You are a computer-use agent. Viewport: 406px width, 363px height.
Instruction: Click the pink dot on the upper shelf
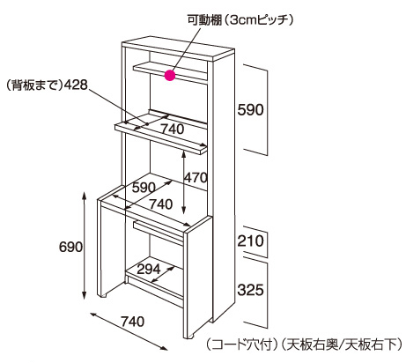point(170,76)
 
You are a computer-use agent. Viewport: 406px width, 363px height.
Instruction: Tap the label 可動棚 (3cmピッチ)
point(240,20)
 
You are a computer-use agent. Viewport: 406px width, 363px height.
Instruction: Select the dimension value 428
point(76,85)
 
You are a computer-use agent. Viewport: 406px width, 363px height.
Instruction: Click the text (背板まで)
point(34,85)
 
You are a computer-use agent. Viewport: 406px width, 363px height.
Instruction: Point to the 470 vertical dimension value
point(196,177)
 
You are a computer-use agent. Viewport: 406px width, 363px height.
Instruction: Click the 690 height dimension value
point(70,247)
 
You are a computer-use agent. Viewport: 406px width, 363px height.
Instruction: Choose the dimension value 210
point(250,241)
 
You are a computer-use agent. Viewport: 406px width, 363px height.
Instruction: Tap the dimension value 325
point(250,290)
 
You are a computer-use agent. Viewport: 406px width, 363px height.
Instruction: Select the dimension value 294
point(149,269)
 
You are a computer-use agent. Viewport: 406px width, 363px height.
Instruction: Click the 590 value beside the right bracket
point(250,110)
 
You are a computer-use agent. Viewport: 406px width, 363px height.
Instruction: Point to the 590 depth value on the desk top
point(144,188)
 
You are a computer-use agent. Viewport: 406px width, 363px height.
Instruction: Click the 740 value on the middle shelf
point(173,129)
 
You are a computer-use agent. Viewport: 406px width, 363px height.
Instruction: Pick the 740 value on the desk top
point(160,204)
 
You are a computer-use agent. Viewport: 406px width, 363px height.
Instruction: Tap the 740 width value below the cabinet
point(132,322)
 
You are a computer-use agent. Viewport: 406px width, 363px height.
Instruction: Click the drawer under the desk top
point(158,233)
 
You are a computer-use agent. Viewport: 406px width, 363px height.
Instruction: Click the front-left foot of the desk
point(102,296)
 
